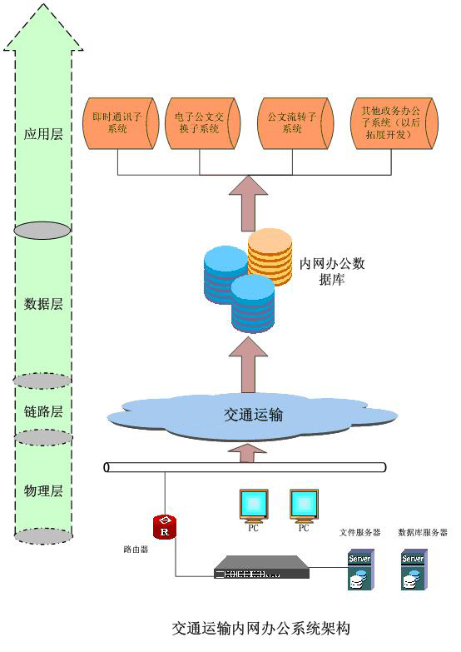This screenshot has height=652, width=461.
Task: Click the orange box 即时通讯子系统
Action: pyautogui.click(x=121, y=123)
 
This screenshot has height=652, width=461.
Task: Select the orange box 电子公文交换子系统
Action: pyautogui.click(x=203, y=123)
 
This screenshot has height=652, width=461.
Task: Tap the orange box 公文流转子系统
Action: pyautogui.click(x=295, y=123)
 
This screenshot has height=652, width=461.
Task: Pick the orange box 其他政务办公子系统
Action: pyautogui.click(x=394, y=123)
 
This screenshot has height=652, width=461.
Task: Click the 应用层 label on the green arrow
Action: pyautogui.click(x=43, y=134)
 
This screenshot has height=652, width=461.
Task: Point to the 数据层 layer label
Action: pyautogui.click(x=43, y=304)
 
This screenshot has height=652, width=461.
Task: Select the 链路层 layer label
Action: pyautogui.click(x=43, y=411)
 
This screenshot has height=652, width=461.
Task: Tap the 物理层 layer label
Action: pyautogui.click(x=43, y=491)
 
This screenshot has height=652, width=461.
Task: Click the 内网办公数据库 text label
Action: pyautogui.click(x=332, y=271)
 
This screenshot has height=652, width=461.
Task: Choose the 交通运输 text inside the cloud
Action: pyautogui.click(x=254, y=415)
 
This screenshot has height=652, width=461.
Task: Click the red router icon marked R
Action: pyautogui.click(x=165, y=527)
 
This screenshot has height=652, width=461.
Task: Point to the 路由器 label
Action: pyautogui.click(x=136, y=550)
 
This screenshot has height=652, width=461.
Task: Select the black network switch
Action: pyautogui.click(x=262, y=567)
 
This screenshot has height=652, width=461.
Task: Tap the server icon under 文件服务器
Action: pyautogui.click(x=361, y=570)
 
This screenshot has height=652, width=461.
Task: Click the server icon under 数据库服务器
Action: pyautogui.click(x=414, y=570)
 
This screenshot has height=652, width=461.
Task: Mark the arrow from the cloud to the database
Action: pyautogui.click(x=248, y=365)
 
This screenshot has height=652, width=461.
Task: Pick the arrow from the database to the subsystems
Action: pyautogui.click(x=248, y=203)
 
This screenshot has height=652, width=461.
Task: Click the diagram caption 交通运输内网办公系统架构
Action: pyautogui.click(x=261, y=629)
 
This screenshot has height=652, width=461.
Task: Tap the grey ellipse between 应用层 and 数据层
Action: pyautogui.click(x=42, y=231)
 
